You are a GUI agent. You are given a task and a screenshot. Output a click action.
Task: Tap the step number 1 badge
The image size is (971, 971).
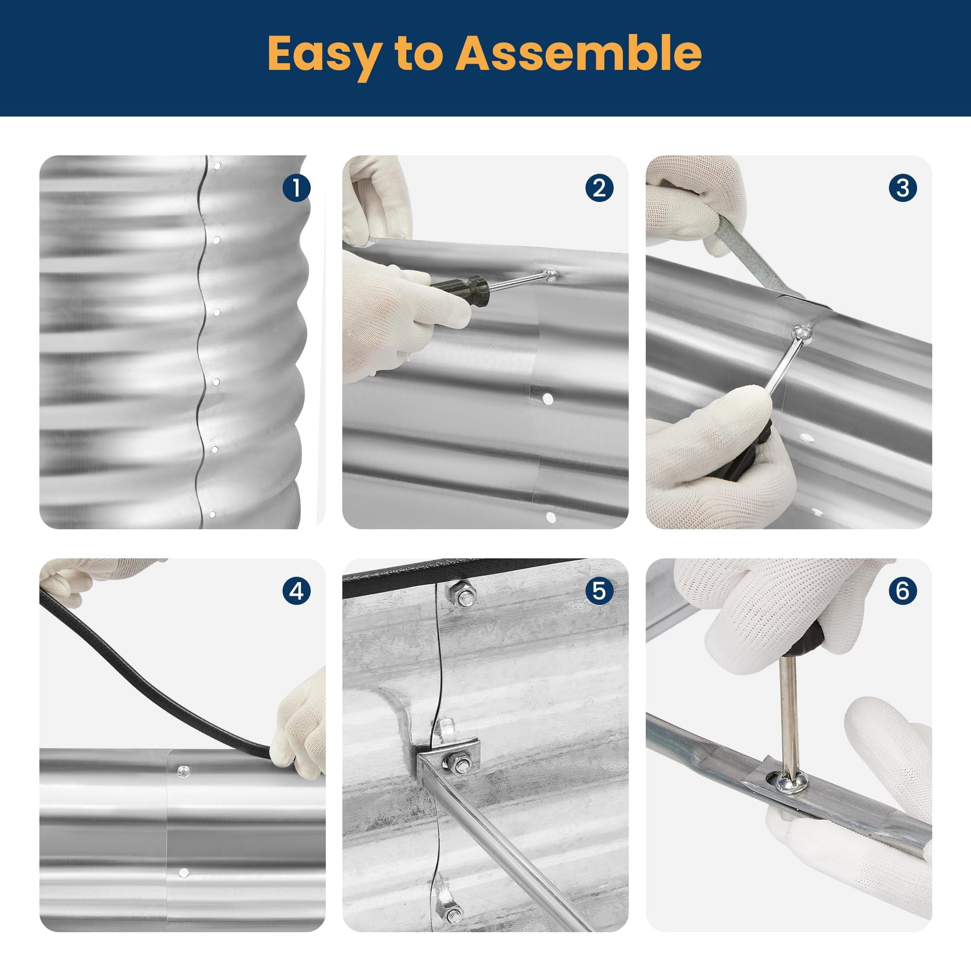pos(296,188)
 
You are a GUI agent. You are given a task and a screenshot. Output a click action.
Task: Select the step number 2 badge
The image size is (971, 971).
pos(599,188)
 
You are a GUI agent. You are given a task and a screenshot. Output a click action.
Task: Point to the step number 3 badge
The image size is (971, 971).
pos(903,188)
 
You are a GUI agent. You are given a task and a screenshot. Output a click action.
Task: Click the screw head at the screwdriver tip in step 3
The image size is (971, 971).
pos(802,332)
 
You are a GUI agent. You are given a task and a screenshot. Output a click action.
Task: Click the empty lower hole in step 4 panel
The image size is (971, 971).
pos(184,873)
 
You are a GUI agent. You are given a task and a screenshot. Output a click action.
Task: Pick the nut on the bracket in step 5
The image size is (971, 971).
pos(458,763)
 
